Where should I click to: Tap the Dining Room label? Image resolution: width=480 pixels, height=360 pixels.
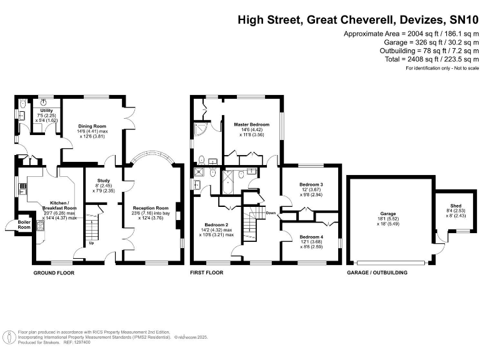91,124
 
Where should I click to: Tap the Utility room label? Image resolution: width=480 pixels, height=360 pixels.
46,111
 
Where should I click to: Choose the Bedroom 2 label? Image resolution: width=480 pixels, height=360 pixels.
216,225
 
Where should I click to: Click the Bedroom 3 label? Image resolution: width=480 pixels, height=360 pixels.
311,185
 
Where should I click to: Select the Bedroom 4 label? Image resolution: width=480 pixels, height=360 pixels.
311,237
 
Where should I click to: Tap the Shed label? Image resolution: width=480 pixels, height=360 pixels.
456,206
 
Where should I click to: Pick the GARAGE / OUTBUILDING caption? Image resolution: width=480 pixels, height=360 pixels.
377,273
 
